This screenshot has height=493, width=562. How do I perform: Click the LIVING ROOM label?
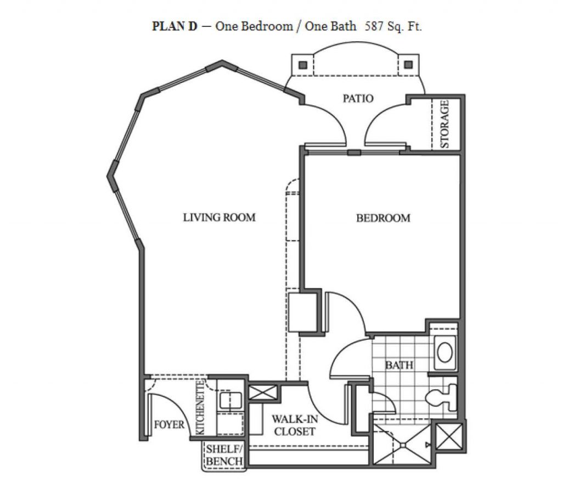pyautogui.click(x=220, y=217)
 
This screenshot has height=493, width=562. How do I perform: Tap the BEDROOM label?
pyautogui.click(x=383, y=218)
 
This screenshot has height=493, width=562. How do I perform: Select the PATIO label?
pyautogui.click(x=358, y=98)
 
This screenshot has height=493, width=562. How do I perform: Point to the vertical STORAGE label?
pyautogui.click(x=445, y=124)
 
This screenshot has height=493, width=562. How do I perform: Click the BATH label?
pyautogui.click(x=399, y=365)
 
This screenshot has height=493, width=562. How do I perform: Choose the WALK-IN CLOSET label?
pyautogui.click(x=295, y=425)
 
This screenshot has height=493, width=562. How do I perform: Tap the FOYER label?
pyautogui.click(x=169, y=424)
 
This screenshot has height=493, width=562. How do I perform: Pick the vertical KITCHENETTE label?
pyautogui.click(x=200, y=407)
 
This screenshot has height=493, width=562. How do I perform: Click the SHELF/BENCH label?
pyautogui.click(x=224, y=455)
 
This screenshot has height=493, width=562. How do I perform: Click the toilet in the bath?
pyautogui.click(x=442, y=397)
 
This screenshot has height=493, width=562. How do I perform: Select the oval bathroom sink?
pyautogui.click(x=445, y=353)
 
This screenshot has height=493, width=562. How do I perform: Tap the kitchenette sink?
pyautogui.click(x=231, y=401)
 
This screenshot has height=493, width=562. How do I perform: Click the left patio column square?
pyautogui.click(x=303, y=65)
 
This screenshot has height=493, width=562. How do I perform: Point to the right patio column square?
pyautogui.click(x=408, y=65)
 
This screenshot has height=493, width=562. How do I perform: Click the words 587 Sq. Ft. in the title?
pyautogui.click(x=393, y=26)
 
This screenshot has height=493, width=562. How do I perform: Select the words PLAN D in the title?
pyautogui.click(x=175, y=26)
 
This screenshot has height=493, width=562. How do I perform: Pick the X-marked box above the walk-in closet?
pyautogui.click(x=263, y=392)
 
